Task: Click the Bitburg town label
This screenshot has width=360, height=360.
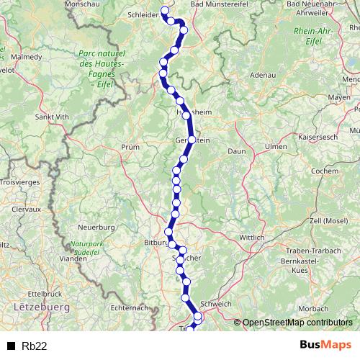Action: pyautogui.click(x=156, y=243)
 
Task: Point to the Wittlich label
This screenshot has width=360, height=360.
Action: pyautogui.click(x=252, y=236)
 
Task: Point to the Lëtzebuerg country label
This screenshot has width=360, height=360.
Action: pyautogui.click(x=40, y=307)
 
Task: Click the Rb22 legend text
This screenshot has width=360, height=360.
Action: pyautogui.click(x=35, y=346)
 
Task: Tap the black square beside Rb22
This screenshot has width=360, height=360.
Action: pyautogui.click(x=12, y=346)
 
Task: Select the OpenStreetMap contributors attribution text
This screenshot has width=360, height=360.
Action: pyautogui.click(x=297, y=323)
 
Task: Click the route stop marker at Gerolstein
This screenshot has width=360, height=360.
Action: pyautogui.click(x=192, y=140)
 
